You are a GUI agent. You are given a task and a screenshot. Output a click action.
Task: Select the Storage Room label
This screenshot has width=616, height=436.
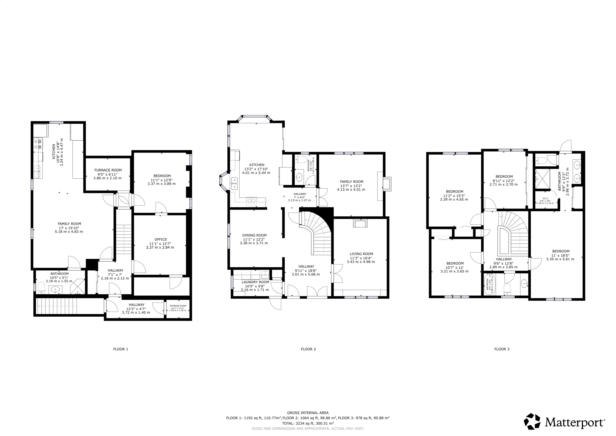(x=178, y=306)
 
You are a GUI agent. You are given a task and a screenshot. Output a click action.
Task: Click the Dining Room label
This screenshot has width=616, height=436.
(x=254, y=235)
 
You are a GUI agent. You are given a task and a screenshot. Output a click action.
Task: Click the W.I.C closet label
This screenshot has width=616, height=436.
(x=545, y=198)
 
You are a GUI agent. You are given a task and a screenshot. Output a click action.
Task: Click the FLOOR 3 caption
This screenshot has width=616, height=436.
(x=502, y=349)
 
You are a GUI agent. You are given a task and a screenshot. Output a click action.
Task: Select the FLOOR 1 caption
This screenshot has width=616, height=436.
(x=121, y=349)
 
